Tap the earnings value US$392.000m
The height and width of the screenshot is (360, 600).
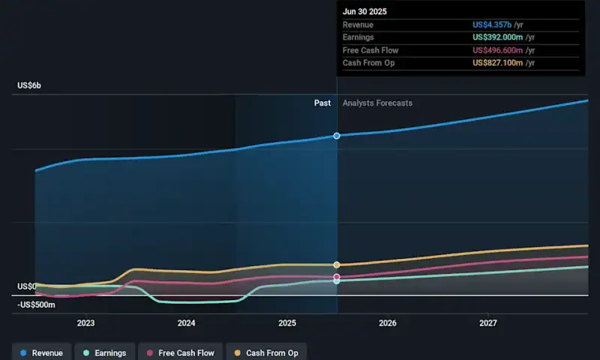point(497,37)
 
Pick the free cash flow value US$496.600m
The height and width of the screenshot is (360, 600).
point(497,50)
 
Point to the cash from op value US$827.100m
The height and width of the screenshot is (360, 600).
point(497,63)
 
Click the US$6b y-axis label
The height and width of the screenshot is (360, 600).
point(29,86)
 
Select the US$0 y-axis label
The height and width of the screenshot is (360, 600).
point(27,286)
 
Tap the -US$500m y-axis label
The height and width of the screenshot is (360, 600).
point(35,304)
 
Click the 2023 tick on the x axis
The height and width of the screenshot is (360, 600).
point(85,323)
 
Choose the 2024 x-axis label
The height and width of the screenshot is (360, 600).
point(186,323)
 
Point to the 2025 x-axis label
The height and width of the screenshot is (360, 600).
point(286,323)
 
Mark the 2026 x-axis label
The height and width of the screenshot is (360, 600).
point(387,323)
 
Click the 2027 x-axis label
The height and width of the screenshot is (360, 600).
point(487,323)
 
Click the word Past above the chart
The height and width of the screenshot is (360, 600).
point(322,103)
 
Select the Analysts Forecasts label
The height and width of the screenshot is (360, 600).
point(377,103)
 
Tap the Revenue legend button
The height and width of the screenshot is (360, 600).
point(42,352)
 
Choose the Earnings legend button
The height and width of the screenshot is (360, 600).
point(104,352)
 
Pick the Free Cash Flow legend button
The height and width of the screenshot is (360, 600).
point(180,352)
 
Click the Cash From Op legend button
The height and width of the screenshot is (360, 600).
point(266,352)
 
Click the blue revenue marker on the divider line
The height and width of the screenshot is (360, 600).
point(337,136)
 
